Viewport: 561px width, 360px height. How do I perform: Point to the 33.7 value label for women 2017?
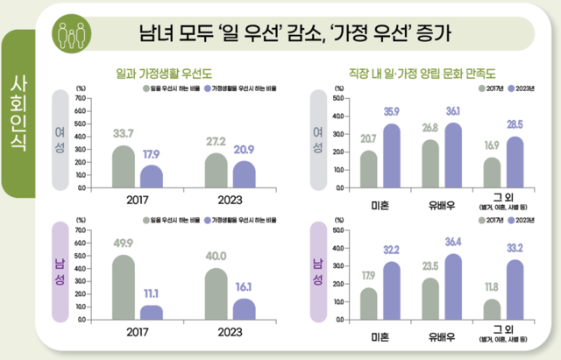pos(123,133)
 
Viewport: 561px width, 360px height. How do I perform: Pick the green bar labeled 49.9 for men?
pos(123,287)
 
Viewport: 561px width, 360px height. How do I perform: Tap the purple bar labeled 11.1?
pos(152,312)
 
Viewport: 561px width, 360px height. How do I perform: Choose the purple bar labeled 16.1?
pos(245,309)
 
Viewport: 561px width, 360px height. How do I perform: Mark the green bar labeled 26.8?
pos(430,164)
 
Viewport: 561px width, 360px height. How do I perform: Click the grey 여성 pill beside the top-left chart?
pos(60,138)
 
